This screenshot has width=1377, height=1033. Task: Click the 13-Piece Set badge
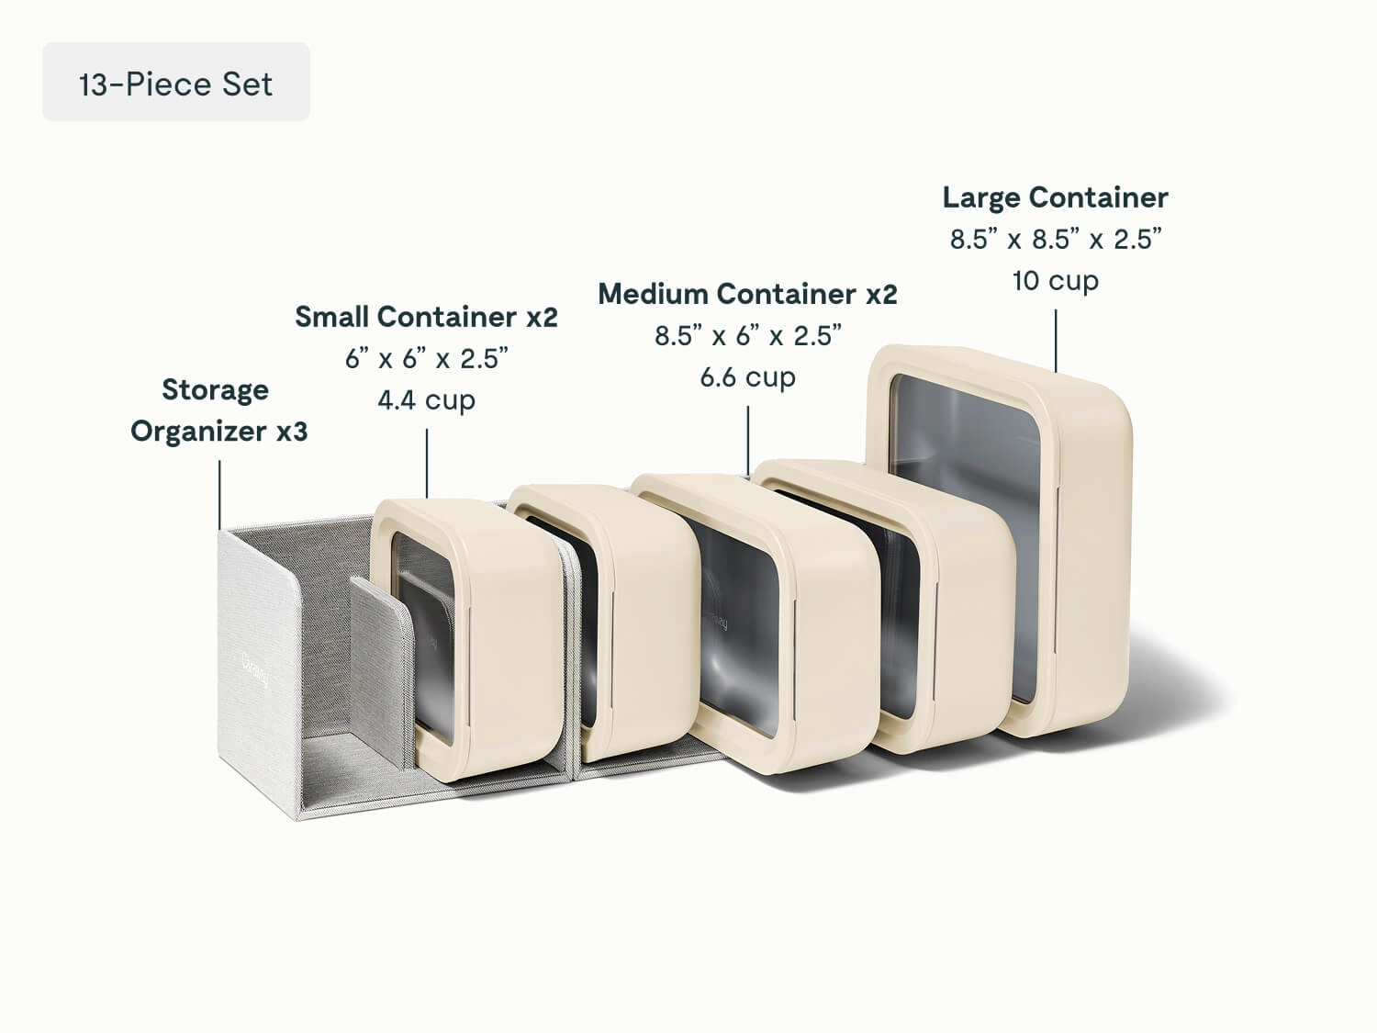[175, 83]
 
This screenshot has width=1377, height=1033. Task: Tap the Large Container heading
[1055, 197]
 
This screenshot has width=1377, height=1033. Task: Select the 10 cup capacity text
[1055, 280]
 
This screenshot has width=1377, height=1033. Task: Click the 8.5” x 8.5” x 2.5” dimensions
[1055, 240]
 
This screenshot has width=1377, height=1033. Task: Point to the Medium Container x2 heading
[747, 294]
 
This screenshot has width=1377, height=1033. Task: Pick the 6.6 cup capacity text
[747, 377]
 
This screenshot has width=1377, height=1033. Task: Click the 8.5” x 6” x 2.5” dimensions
[747, 336]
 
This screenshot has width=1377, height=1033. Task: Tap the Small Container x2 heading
[426, 317]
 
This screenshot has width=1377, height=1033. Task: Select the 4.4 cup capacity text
[426, 400]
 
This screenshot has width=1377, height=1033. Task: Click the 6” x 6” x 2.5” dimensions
[426, 359]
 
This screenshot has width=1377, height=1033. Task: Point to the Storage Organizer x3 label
[218, 410]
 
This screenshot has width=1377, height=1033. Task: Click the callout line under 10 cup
[1056, 340]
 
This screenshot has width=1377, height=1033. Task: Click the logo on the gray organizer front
[256, 669]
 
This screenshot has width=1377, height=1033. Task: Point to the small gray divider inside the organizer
[381, 661]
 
